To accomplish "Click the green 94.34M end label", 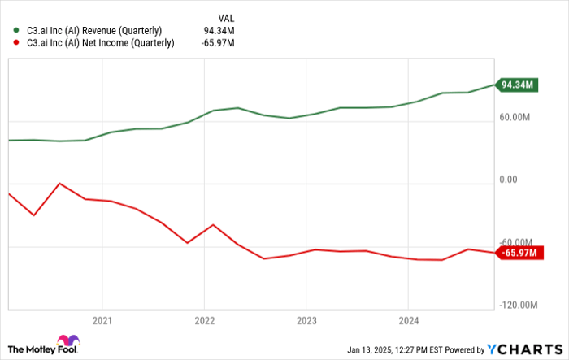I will click(x=517, y=85).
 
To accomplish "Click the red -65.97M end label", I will click(x=517, y=254).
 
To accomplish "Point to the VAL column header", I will click(x=226, y=17).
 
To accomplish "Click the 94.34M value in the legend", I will click(x=219, y=31).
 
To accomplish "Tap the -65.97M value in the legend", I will click(x=218, y=44).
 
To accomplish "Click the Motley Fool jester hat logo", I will click(x=67, y=344).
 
